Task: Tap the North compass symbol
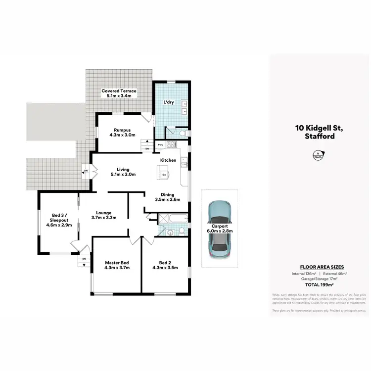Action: [x=315, y=156]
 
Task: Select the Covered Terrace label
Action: [x=119, y=91]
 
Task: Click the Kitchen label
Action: [x=168, y=161]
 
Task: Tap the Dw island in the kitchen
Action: [x=164, y=173]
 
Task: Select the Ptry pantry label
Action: [x=161, y=145]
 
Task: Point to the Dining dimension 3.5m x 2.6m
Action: [x=168, y=200]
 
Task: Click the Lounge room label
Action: [x=104, y=213]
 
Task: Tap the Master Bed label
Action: [x=117, y=262]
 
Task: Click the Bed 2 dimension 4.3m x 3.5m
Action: [x=165, y=268]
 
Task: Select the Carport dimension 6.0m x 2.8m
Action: [x=220, y=231]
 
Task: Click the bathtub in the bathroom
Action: [x=176, y=219]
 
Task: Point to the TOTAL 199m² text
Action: [x=319, y=285]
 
